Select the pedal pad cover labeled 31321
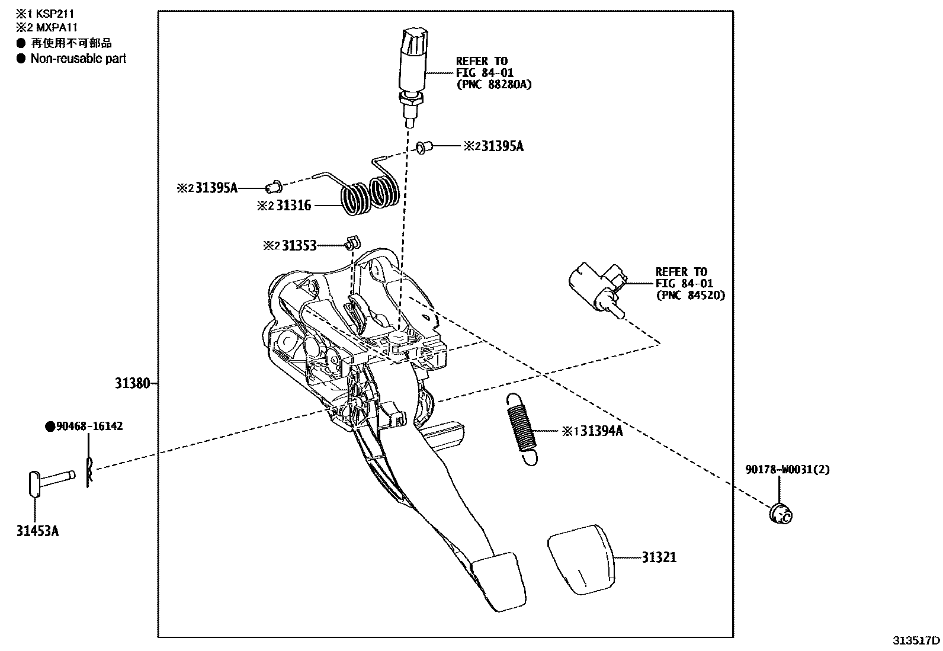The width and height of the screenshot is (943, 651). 580,558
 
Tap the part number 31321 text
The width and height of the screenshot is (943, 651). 659,557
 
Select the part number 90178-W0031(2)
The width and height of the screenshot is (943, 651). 787,470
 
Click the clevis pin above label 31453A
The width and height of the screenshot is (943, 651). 50,478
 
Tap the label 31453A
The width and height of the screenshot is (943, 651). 37,531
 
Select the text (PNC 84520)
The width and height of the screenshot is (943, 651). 689,295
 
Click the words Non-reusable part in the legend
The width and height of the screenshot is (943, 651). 78,58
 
